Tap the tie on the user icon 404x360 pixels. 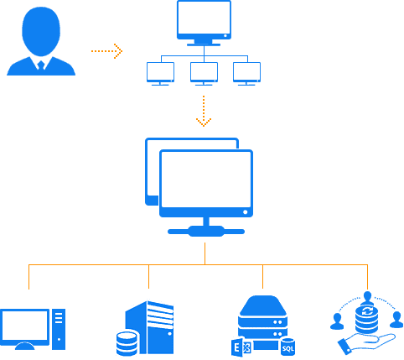(x=40, y=64)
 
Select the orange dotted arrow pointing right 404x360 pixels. (x=106, y=51)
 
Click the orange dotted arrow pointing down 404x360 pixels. (x=204, y=112)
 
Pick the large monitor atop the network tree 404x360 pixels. (x=204, y=20)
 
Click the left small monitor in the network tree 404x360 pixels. (x=160, y=72)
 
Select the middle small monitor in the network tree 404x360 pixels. (x=204, y=72)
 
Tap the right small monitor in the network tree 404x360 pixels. (x=246, y=72)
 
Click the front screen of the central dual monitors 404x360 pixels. (x=206, y=182)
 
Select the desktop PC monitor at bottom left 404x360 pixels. (x=24, y=326)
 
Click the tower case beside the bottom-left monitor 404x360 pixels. (x=59, y=329)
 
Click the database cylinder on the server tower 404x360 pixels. (x=127, y=343)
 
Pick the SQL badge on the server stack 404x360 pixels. (x=287, y=347)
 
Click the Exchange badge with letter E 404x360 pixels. (x=238, y=347)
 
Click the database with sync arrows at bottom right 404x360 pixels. (x=366, y=318)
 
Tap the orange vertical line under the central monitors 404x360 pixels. (x=205, y=253)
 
